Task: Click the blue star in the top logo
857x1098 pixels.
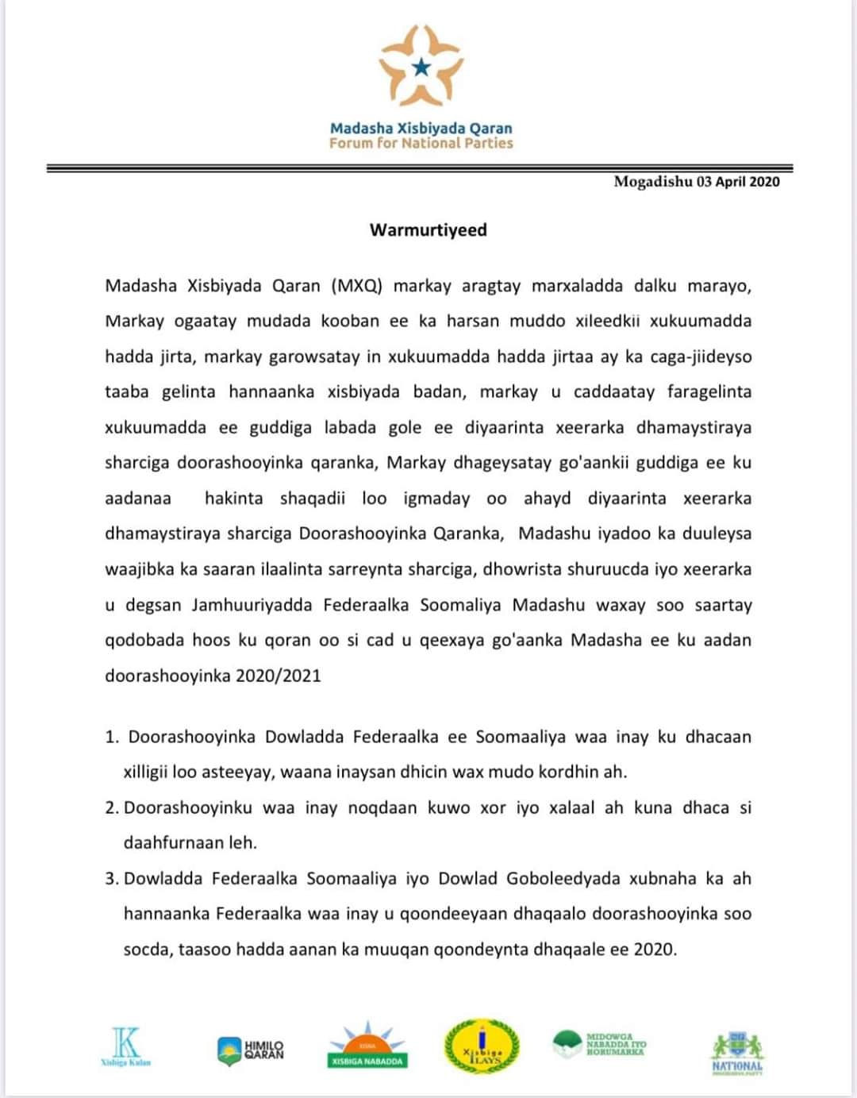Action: (421, 67)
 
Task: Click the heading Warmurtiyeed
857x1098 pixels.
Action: (428, 230)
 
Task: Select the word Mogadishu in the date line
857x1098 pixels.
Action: (653, 182)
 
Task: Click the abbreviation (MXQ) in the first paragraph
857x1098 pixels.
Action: (356, 286)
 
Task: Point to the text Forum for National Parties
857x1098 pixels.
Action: (421, 144)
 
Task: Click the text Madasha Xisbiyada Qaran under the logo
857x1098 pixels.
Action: (421, 128)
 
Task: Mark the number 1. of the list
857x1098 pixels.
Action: (112, 737)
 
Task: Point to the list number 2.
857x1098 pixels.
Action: (112, 808)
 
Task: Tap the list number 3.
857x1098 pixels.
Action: (112, 879)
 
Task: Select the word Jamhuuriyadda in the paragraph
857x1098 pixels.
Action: (252, 605)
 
